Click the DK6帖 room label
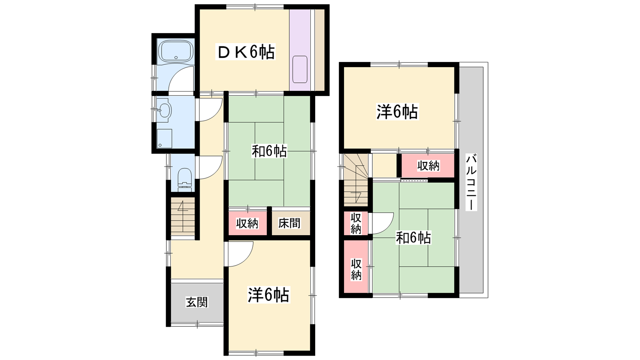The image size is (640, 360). point(246,52)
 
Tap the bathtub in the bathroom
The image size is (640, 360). point(176,51)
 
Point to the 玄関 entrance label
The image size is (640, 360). point(197,302)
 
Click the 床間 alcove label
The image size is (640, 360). point(290,223)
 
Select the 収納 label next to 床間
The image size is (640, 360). point(247,223)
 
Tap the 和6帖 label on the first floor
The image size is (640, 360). point(269,151)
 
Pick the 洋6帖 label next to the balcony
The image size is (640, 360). point(397,112)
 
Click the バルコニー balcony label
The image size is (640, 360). point(471,182)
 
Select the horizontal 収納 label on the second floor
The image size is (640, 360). point(428,166)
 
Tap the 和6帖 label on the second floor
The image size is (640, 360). point(413,238)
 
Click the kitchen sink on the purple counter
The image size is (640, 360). point(300,70)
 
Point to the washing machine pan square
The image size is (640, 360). point(164,138)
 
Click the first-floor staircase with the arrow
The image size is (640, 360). point(183,218)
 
